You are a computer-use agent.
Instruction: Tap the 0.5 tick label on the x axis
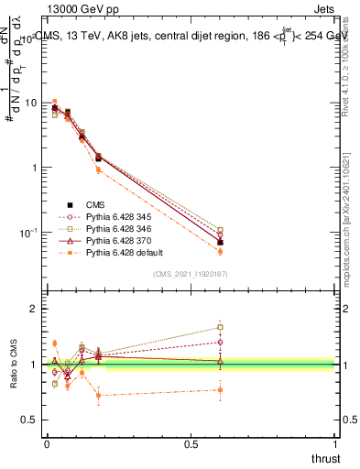coord(191,443)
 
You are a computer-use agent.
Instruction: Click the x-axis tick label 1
coord(335,443)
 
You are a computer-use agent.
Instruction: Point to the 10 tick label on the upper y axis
coord(30,104)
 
